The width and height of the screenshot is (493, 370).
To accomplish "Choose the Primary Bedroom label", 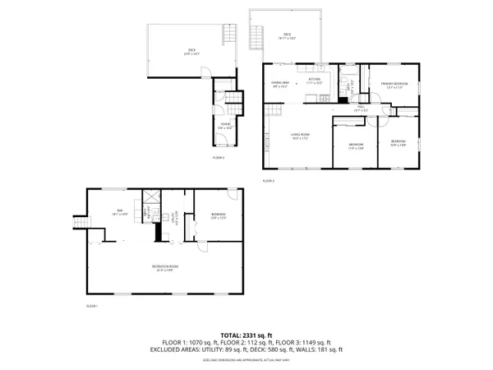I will pyautogui.click(x=394, y=86).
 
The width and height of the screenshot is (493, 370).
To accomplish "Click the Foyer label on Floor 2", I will pyautogui.click(x=224, y=127).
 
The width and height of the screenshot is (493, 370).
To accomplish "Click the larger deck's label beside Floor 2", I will pyautogui.click(x=191, y=52).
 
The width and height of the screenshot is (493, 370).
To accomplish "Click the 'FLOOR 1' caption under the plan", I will pyautogui.click(x=92, y=305).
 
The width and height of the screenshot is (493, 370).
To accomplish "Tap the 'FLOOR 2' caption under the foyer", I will pyautogui.click(x=219, y=156).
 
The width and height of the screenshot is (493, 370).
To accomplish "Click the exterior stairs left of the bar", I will pyautogui.click(x=81, y=222).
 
